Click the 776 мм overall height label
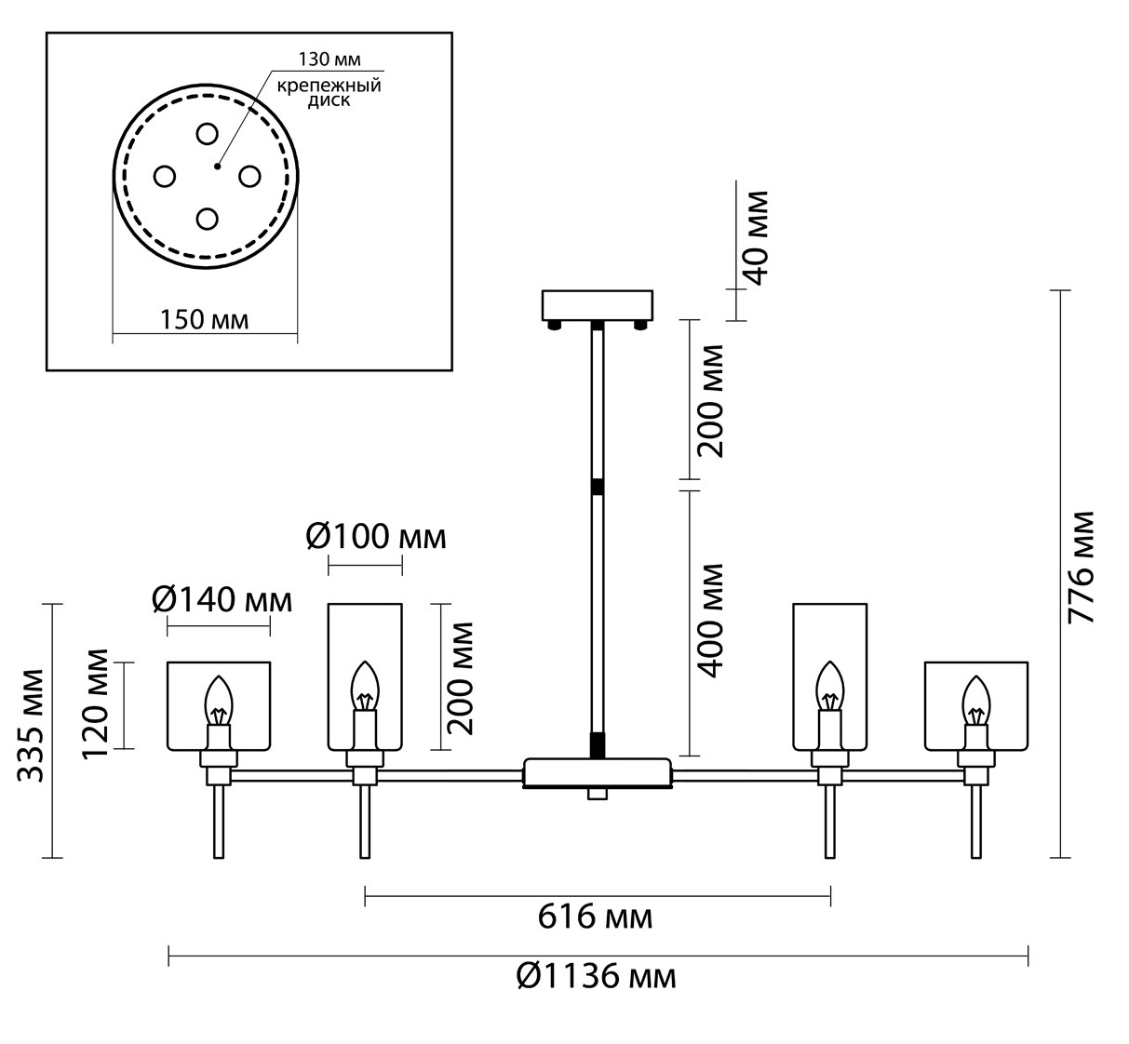(x=1082, y=568)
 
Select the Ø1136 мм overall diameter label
(x=597, y=977)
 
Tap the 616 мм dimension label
(x=595, y=917)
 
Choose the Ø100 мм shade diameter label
(x=376, y=537)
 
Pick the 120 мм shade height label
(x=94, y=704)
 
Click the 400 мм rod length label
(x=710, y=622)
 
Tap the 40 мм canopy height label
(x=756, y=238)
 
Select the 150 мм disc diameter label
(x=204, y=320)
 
